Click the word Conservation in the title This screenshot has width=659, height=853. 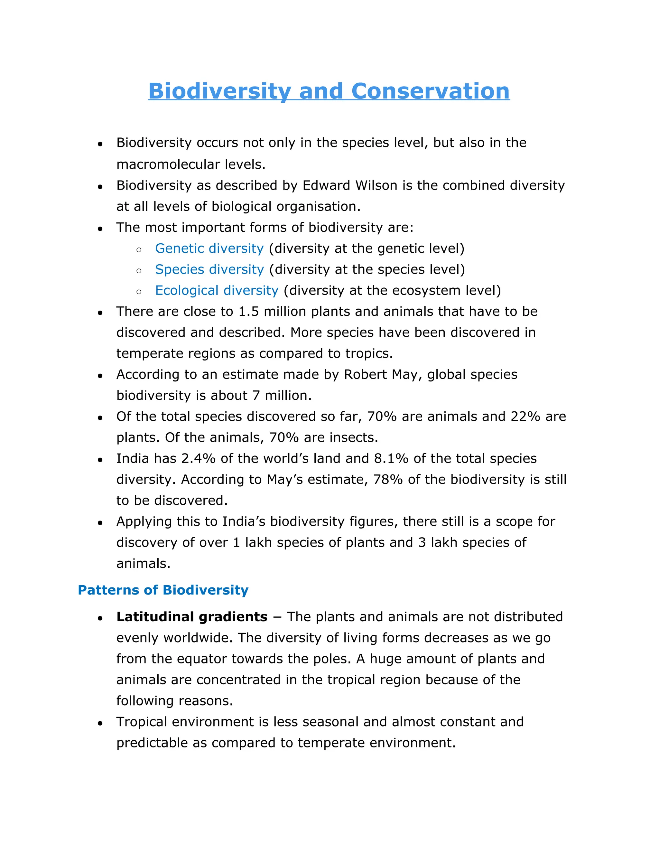430,91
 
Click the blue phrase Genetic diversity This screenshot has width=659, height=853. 209,248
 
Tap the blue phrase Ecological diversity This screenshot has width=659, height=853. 217,291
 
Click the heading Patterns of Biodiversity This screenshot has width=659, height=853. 163,590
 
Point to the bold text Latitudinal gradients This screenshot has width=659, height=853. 192,617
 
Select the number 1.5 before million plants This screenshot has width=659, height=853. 248,312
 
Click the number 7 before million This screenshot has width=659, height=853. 256,396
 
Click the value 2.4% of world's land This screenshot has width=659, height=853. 198,458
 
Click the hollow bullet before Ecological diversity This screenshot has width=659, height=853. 139,291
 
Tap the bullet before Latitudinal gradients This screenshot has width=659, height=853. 100,618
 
